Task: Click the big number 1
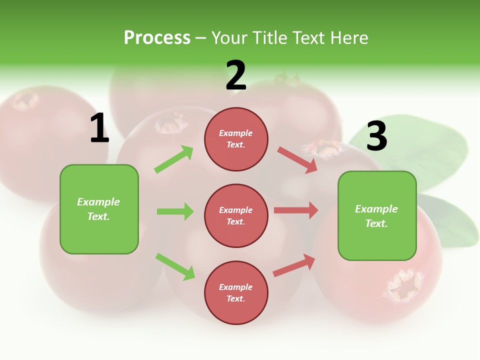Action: [x=99, y=128]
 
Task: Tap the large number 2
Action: [x=236, y=75]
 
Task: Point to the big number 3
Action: [x=376, y=136]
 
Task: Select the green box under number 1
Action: [x=99, y=209]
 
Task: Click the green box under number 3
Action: [x=377, y=216]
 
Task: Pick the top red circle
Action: [x=236, y=139]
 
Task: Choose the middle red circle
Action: [x=236, y=215]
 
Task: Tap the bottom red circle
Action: [x=236, y=292]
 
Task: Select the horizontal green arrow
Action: [x=175, y=211]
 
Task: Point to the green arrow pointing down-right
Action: [x=175, y=266]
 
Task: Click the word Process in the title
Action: [x=157, y=37]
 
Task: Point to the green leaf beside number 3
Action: [x=425, y=150]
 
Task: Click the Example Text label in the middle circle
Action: [x=236, y=215]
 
